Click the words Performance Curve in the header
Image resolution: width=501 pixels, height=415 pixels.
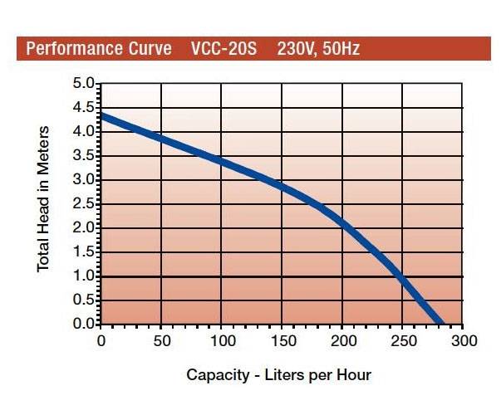(93, 47)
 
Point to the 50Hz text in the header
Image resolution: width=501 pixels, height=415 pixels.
(341, 47)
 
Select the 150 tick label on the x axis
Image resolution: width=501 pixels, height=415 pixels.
(281, 340)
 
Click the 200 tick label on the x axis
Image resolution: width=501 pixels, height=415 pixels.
(341, 340)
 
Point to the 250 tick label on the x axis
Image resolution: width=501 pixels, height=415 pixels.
(402, 340)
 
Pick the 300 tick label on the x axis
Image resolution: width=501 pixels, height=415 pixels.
(463, 340)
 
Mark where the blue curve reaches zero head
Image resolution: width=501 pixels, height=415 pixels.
(440, 323)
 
